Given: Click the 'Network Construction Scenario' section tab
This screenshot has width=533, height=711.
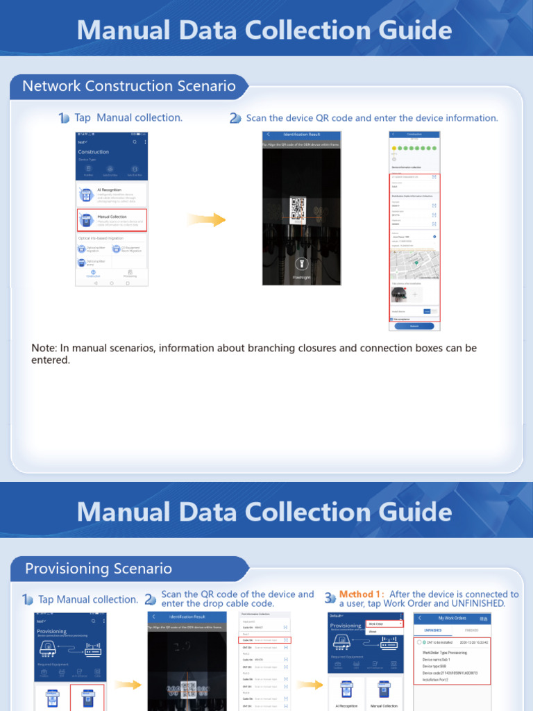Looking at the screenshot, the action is tap(129, 86).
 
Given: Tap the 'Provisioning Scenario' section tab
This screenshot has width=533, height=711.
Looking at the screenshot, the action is tap(99, 569).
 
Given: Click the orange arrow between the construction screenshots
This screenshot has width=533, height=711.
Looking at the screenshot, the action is tap(208, 219).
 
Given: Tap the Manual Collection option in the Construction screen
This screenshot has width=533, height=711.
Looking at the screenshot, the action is tap(112, 219).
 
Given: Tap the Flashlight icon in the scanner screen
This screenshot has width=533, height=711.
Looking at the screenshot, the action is tap(301, 264).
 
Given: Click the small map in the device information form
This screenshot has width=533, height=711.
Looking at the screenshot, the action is tap(414, 265).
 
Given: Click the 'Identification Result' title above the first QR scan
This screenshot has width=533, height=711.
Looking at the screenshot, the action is tap(302, 134).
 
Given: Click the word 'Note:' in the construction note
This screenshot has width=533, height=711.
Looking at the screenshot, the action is tap(44, 348).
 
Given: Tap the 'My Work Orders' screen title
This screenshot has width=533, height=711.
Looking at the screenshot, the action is tap(452, 618).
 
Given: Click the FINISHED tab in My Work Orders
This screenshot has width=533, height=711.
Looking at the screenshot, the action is tap(471, 630).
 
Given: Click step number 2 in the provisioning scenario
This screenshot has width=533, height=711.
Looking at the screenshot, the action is tap(151, 599).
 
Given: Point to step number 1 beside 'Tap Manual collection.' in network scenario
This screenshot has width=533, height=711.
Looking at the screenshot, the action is tap(64, 118).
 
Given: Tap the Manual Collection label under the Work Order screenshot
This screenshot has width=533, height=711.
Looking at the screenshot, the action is tap(384, 705).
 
